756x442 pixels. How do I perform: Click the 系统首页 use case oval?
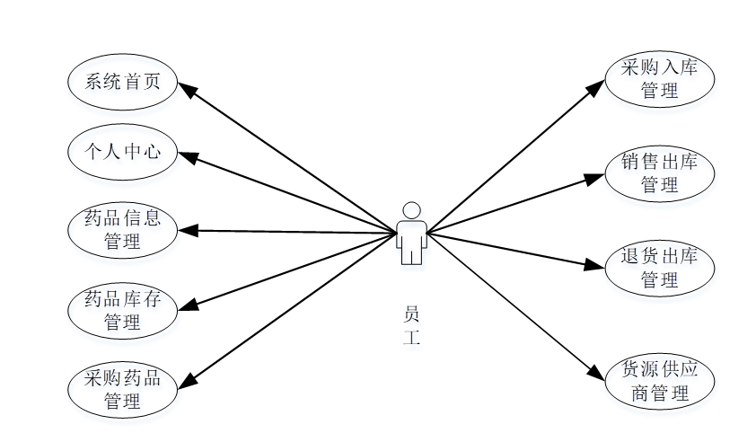122,82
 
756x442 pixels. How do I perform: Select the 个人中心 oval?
122,151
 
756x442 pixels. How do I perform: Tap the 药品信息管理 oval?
122,229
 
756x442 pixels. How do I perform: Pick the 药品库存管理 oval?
122,310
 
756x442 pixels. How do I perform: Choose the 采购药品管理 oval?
122,389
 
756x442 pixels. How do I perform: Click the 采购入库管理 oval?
660,79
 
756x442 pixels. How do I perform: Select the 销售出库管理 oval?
660,173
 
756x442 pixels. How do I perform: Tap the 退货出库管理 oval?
660,268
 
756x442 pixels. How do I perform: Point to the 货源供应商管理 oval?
660,382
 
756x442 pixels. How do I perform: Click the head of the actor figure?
411,210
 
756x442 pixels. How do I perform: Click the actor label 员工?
411,326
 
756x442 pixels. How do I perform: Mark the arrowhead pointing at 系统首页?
187,89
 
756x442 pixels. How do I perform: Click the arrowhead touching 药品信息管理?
187,230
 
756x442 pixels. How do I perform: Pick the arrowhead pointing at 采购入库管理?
597,86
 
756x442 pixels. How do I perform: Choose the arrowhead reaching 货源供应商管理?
597,374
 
